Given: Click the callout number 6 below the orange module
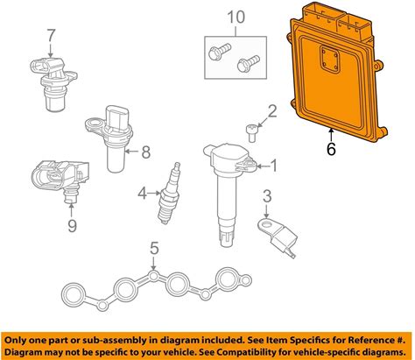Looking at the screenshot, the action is [x=331, y=149].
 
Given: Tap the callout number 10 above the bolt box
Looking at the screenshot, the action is [x=236, y=18].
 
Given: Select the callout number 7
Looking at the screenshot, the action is [x=51, y=36].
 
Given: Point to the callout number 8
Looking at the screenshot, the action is [x=145, y=152].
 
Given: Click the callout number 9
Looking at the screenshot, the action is [x=72, y=226].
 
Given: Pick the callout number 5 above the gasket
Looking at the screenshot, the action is [x=154, y=249].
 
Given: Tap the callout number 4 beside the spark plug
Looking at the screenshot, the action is [x=142, y=193].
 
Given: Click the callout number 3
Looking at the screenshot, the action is [x=267, y=196].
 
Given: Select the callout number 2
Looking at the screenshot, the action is [x=272, y=111].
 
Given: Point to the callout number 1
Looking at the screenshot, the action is [x=274, y=166].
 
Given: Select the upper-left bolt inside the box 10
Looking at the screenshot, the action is [x=220, y=51].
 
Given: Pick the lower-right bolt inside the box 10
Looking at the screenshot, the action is [x=249, y=63].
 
